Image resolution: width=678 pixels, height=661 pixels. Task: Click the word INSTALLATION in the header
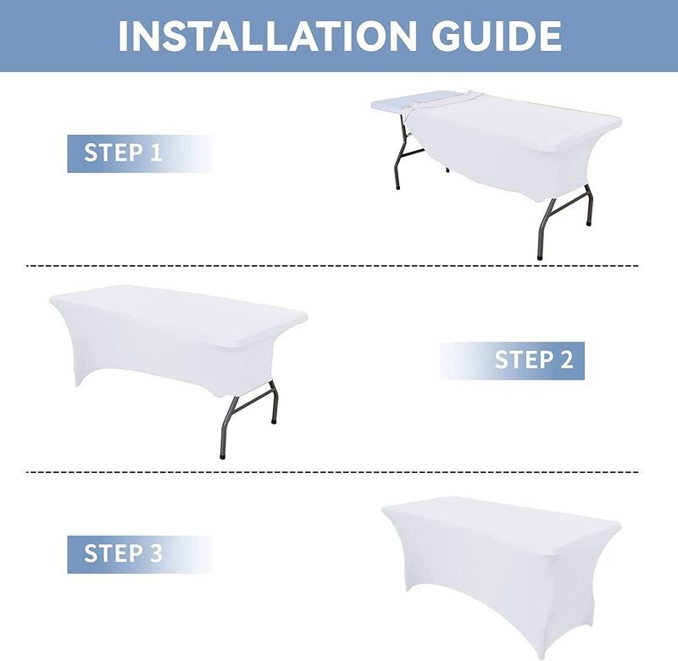coord(267,36)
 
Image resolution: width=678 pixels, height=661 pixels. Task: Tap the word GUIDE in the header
coord(497,36)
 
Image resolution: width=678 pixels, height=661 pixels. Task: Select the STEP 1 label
coord(123,153)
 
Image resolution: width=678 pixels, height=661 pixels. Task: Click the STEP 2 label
coord(534,360)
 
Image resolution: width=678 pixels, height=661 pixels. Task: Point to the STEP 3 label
coord(123,553)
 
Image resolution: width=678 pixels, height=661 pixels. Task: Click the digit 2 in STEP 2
coord(566,360)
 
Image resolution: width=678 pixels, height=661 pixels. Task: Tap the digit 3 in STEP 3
coord(156,553)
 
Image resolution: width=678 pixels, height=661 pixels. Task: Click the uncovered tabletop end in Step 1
coord(392,104)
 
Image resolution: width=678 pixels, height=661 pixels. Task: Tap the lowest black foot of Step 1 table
coord(540,257)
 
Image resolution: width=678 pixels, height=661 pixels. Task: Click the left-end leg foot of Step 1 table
coord(397,186)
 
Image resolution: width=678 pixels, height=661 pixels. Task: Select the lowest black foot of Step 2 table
coord(222,456)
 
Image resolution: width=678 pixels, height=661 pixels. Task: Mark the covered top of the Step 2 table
coord(178,314)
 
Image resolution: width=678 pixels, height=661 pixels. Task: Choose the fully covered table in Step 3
coord(502,575)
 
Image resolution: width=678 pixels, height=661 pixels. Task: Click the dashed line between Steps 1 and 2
coord(332,265)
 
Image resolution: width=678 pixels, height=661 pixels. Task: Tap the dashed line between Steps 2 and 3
coord(332,472)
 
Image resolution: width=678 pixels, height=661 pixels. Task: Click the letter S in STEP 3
coord(90,553)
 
